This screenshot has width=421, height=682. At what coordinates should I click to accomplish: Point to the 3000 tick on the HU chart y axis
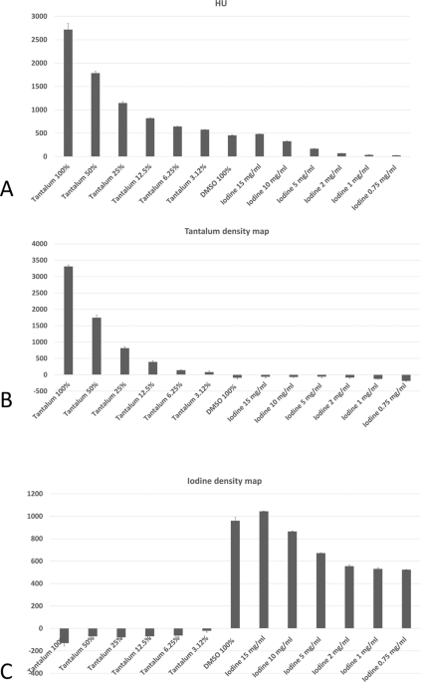coord(36,17)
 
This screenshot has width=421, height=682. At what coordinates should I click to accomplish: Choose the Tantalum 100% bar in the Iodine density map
coord(64,635)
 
